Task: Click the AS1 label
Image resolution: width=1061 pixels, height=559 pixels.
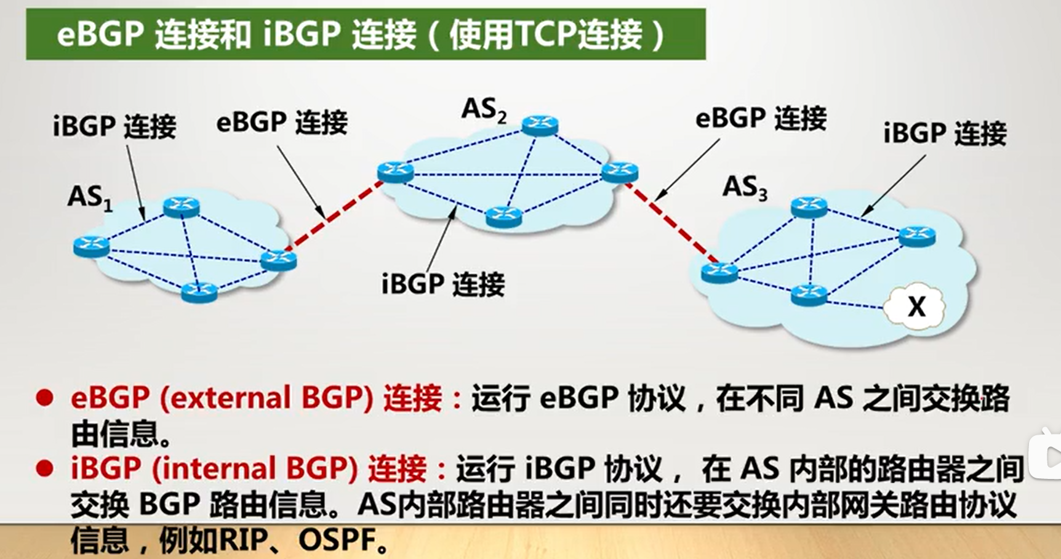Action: coord(90,198)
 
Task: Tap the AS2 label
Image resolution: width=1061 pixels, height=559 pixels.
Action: coord(484,110)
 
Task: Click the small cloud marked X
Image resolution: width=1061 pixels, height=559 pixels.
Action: coord(916,306)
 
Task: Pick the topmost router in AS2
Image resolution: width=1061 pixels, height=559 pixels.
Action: coord(540,125)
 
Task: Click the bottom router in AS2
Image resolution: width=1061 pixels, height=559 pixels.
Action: coord(503,216)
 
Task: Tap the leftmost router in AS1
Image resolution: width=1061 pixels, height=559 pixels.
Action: coord(91,246)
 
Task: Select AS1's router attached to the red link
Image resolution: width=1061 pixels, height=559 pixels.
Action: coord(278,260)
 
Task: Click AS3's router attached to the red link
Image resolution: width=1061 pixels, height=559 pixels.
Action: coord(719,271)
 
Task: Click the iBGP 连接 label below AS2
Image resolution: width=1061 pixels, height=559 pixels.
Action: coord(442,284)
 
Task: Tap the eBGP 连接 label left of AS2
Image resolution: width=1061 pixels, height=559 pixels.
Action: coord(282,122)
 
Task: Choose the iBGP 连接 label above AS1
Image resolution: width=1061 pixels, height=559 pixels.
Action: coord(114,126)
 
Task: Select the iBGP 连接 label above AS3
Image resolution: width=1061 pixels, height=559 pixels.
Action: coord(945,133)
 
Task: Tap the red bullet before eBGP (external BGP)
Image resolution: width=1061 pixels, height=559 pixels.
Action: coord(44,398)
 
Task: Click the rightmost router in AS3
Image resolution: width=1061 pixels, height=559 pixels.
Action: coord(917,236)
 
